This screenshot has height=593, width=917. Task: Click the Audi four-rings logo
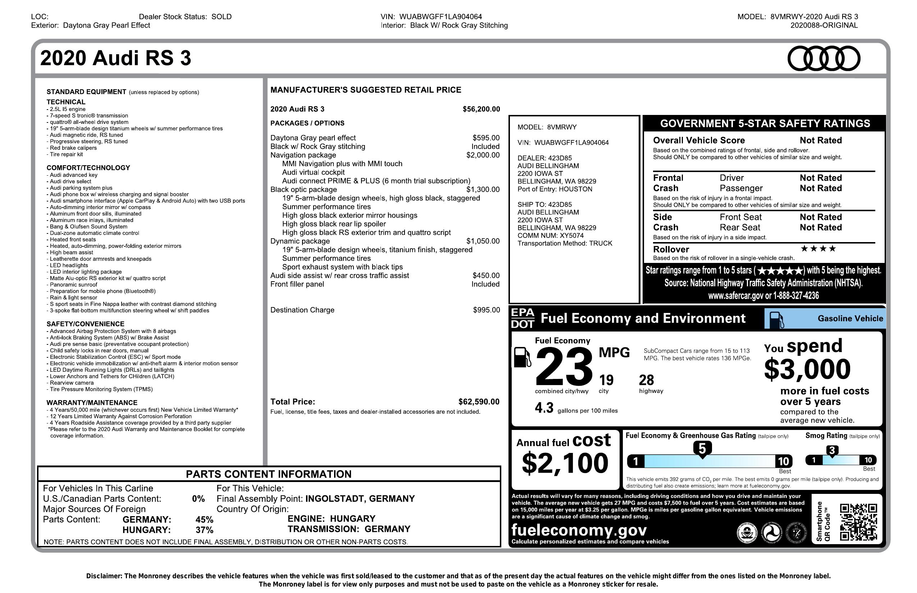[824, 59]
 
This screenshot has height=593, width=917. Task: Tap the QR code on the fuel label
[858, 522]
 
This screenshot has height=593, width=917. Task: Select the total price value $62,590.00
[479, 402]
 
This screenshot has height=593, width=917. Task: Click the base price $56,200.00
[481, 109]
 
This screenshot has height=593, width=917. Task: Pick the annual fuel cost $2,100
[565, 463]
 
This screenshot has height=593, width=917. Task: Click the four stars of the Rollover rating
[818, 249]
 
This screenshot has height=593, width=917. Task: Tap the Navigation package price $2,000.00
[483, 155]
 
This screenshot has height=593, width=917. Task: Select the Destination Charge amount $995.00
[486, 310]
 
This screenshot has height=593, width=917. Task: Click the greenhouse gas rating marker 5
[702, 449]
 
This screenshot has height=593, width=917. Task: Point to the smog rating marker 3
[832, 451]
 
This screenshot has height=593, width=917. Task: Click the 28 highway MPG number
[646, 380]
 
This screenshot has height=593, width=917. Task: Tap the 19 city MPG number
[606, 380]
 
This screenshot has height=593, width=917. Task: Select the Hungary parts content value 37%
[204, 530]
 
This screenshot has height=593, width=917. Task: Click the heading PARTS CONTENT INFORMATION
[269, 474]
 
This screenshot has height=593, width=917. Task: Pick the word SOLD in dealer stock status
[222, 17]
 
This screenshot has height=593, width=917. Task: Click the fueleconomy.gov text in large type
[579, 530]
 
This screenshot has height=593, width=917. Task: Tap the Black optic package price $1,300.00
[483, 189]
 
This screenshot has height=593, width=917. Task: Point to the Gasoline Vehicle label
[850, 318]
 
